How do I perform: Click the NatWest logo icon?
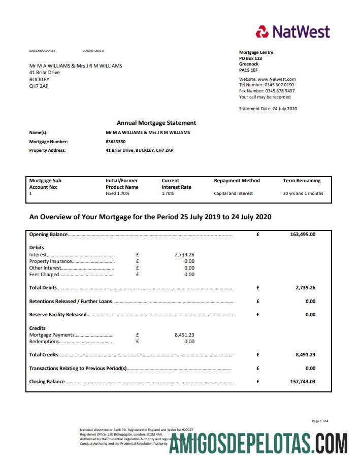[262, 32]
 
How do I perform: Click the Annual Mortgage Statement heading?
[156, 123]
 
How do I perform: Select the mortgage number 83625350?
[115, 142]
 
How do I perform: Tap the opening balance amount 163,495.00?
[303, 235]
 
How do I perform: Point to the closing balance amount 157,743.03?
[303, 382]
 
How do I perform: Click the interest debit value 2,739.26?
[184, 255]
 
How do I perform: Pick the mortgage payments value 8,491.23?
[184, 335]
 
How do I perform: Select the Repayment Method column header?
[237, 181]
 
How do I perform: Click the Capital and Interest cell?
[233, 193]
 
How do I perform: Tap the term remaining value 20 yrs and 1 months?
[303, 193]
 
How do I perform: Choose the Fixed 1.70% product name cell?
[117, 193]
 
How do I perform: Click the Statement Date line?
[268, 109]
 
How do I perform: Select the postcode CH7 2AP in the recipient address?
[39, 86]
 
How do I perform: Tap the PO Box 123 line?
[250, 58]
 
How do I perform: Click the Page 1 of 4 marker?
[320, 421]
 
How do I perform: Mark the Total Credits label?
[44, 355]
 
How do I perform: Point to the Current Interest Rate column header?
[176, 184]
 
